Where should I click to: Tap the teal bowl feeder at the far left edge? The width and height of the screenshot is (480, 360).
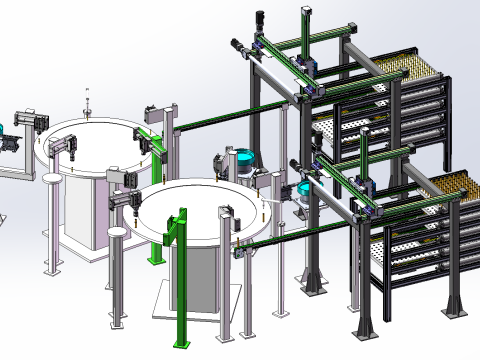(x=3, y=128)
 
